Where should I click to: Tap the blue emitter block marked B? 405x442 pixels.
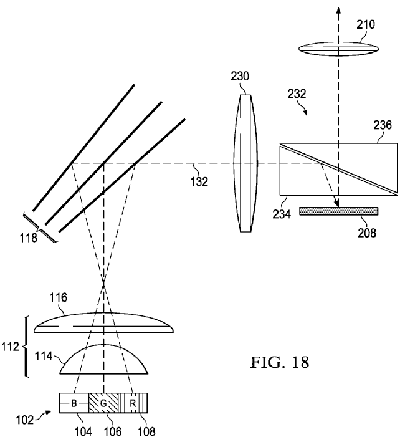[x=74, y=403]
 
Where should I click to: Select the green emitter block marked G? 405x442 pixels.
[x=103, y=403]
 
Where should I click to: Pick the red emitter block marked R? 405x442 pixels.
[x=133, y=403]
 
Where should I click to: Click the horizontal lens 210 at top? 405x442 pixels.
[x=338, y=47]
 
